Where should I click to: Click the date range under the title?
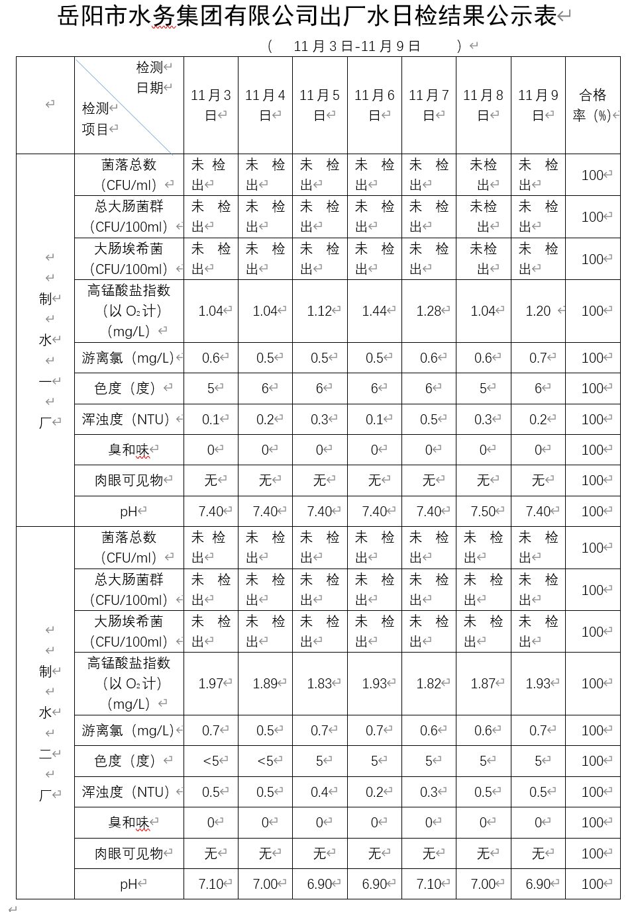(x=356, y=46)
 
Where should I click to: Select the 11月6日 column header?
(x=374, y=105)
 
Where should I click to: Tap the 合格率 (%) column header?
(x=592, y=105)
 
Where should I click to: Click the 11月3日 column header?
(x=211, y=105)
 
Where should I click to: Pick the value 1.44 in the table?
(x=375, y=311)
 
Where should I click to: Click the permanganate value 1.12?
(x=320, y=311)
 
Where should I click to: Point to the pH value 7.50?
(x=484, y=512)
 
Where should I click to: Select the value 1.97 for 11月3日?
(x=211, y=684)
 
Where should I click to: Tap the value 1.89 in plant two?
(x=266, y=684)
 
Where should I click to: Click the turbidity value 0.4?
(x=320, y=792)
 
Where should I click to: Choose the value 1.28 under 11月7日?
(x=429, y=311)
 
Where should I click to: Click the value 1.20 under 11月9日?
(x=538, y=311)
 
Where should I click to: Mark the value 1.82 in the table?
(x=429, y=684)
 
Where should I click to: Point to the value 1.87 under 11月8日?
(x=484, y=684)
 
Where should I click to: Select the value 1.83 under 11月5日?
(x=320, y=684)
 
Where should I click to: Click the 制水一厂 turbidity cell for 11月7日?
(x=429, y=420)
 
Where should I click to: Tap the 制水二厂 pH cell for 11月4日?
(x=266, y=884)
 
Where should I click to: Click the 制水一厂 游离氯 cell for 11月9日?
(x=538, y=358)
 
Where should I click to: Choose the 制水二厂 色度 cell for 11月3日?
(x=211, y=761)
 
